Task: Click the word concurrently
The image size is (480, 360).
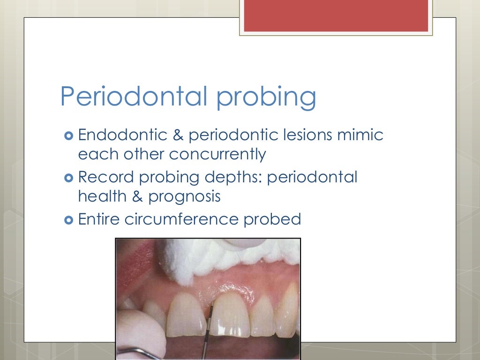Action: coord(217,154)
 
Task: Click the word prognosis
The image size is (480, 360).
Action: coord(184,196)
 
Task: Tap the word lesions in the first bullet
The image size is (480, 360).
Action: coord(306,135)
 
